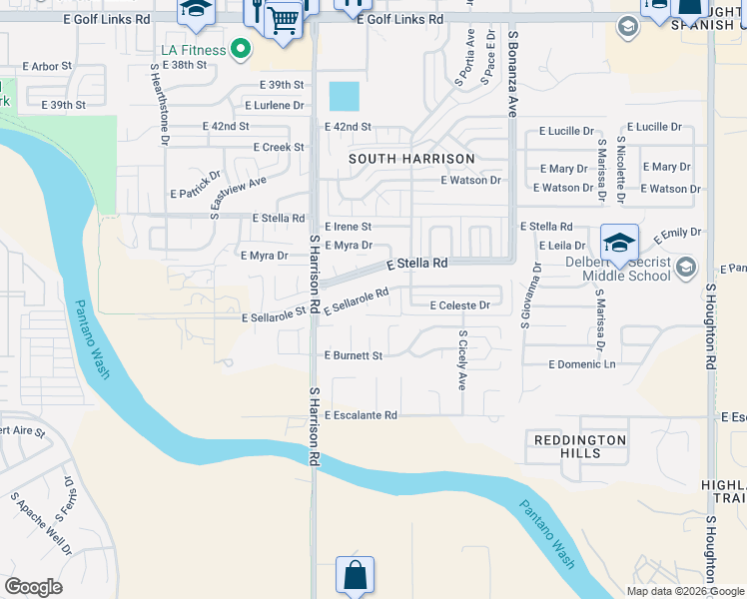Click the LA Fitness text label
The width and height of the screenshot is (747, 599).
[193, 49]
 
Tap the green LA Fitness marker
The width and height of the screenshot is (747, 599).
[239, 48]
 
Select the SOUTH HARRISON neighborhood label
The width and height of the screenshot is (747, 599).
[411, 159]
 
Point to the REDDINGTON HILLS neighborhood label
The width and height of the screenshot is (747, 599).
[580, 446]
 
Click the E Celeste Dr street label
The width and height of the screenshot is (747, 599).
[459, 305]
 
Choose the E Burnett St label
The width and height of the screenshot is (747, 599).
[354, 355]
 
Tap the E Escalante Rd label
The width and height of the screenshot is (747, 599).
[361, 415]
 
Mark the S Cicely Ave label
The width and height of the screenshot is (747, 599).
[462, 360]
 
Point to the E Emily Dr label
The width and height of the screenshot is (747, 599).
[678, 238]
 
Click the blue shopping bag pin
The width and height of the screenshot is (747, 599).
[355, 576]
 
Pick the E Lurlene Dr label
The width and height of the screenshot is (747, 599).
[275, 105]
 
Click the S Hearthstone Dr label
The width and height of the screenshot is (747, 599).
[158, 104]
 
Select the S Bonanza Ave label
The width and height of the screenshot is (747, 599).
[512, 74]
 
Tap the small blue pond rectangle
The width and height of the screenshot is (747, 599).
[344, 97]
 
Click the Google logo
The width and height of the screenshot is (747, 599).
[33, 587]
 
